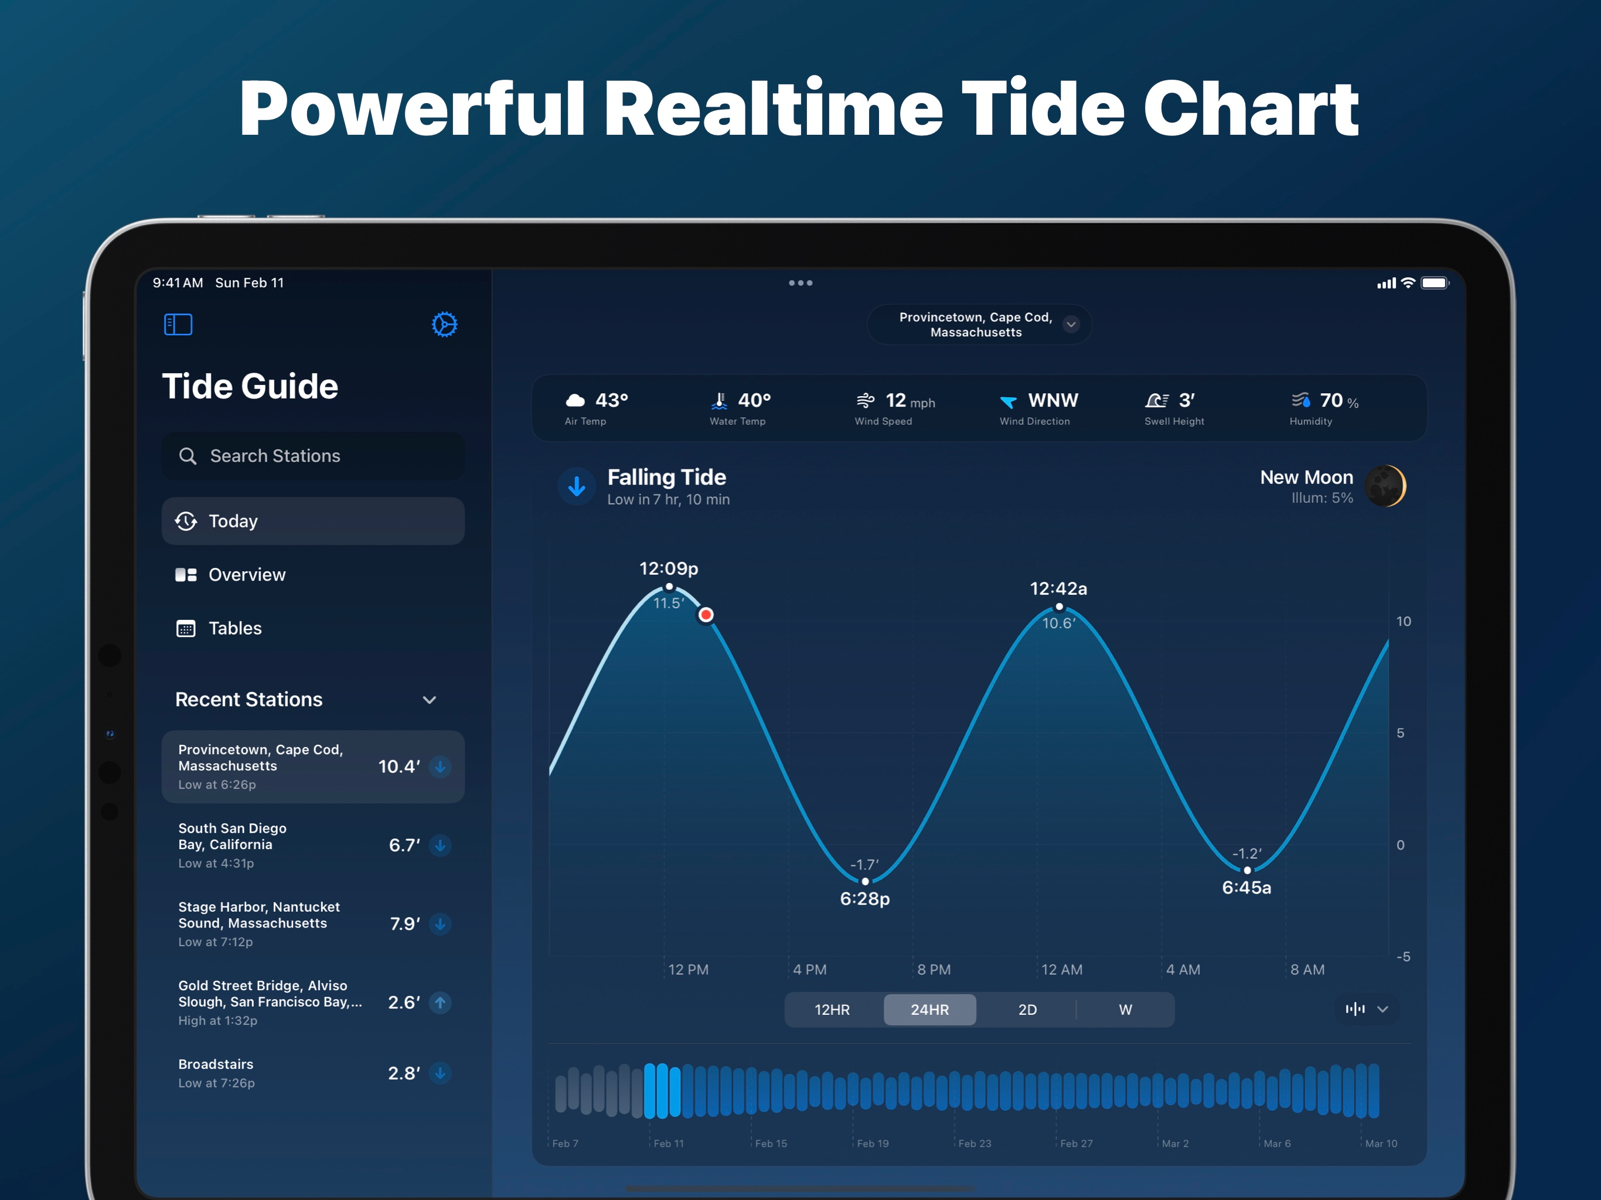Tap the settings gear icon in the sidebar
tap(444, 324)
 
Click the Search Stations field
tap(313, 456)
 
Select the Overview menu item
tap(246, 575)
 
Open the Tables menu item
tap(234, 628)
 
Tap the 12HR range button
tap(832, 1010)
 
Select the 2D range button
tap(1027, 1010)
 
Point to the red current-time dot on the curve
tap(706, 615)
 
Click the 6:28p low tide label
tap(865, 899)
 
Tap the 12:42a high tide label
tap(1058, 588)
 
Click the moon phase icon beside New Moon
tap(1385, 486)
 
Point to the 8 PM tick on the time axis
tap(934, 970)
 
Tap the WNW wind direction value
tap(1053, 400)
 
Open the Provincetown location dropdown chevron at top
tap(1071, 324)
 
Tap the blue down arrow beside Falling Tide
tap(577, 486)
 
